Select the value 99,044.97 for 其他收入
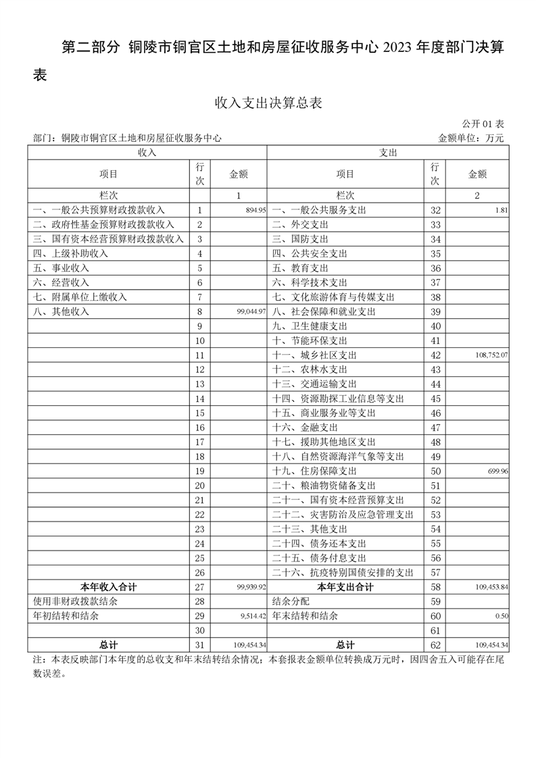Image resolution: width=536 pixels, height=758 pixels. pos(251,312)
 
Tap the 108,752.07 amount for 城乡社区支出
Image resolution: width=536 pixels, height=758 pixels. pos(491,355)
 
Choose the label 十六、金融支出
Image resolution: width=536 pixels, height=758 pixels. pos(305,428)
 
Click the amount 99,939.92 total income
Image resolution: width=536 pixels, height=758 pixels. pos(251,588)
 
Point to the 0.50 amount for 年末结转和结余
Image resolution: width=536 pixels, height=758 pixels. pos(502,616)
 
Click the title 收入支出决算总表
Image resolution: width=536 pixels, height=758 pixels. pos(268,103)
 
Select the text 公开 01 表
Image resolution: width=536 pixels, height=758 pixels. pos(483,124)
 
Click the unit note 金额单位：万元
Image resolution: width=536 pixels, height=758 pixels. pos(471,138)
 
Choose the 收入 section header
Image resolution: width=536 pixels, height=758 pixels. pos(147,153)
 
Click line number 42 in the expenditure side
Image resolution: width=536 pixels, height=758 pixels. pos(435,355)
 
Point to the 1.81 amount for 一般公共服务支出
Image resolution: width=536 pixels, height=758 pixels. pos(501,211)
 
